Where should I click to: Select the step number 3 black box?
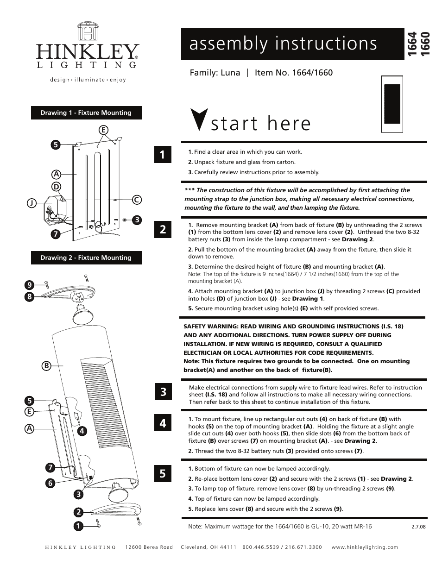pyautogui.click(x=163, y=392)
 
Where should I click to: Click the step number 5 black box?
pyautogui.click(x=163, y=473)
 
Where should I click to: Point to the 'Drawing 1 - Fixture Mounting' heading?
pyautogui.click(x=86, y=113)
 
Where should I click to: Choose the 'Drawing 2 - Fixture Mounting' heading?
pyautogui.click(x=86, y=258)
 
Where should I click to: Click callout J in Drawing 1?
pyautogui.click(x=32, y=203)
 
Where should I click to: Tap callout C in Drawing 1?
pyautogui.click(x=136, y=200)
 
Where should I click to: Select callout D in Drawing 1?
pyautogui.click(x=56, y=187)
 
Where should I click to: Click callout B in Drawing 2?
pyautogui.click(x=46, y=366)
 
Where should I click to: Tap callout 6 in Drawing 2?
pyautogui.click(x=50, y=483)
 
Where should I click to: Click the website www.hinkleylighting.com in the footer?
pyautogui.click(x=365, y=547)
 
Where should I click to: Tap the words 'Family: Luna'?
pyautogui.click(x=215, y=73)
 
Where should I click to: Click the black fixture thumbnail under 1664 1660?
pyautogui.click(x=391, y=104)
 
